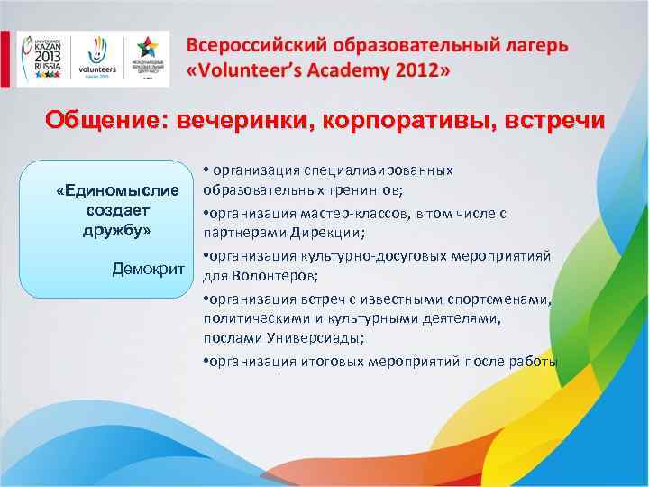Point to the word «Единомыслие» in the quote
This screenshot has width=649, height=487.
click(124, 191)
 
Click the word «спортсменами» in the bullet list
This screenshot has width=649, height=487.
click(506, 298)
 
